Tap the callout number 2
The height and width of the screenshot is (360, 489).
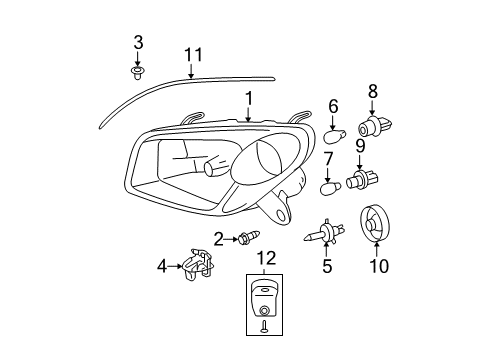coord(217,238)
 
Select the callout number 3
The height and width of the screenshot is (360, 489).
coord(138,41)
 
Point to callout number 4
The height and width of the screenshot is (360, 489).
coord(161,266)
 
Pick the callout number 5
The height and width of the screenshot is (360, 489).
coord(325,266)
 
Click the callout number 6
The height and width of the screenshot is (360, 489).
coord(334,104)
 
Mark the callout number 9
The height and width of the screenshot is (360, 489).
coord(374,147)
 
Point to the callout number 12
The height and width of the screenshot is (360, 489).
coord(265,258)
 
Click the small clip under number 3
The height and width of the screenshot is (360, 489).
coord(138,72)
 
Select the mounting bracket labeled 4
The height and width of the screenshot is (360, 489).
coord(199,264)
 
